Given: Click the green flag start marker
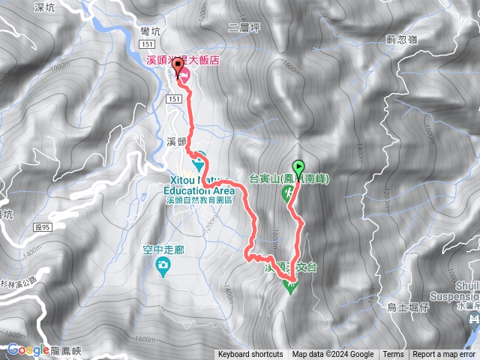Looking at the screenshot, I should pos(300,167).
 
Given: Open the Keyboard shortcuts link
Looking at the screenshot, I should pos(250,355).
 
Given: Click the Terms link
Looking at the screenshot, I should pos(393,355).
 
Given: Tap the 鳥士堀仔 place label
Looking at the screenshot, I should pos(428,307).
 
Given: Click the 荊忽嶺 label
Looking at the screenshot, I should pos(402,40).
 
